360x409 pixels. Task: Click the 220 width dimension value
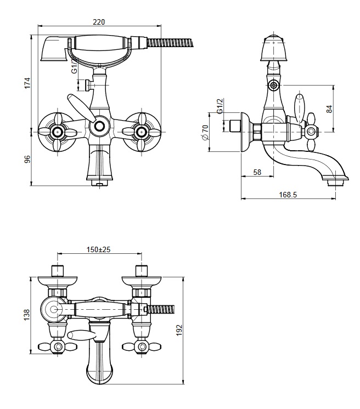click(x=99, y=22)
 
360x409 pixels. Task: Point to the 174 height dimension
click(x=27, y=83)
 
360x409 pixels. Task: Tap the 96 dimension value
click(x=27, y=159)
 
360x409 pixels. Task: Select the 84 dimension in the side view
click(x=329, y=109)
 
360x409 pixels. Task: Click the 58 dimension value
click(x=257, y=172)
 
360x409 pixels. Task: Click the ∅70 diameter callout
click(x=205, y=132)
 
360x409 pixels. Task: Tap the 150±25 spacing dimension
click(x=99, y=249)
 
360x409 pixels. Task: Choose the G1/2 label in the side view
click(x=220, y=107)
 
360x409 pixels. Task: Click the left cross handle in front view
click(x=56, y=130)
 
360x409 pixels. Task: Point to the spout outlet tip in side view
click(x=335, y=182)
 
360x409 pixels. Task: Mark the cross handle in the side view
click(x=312, y=130)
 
